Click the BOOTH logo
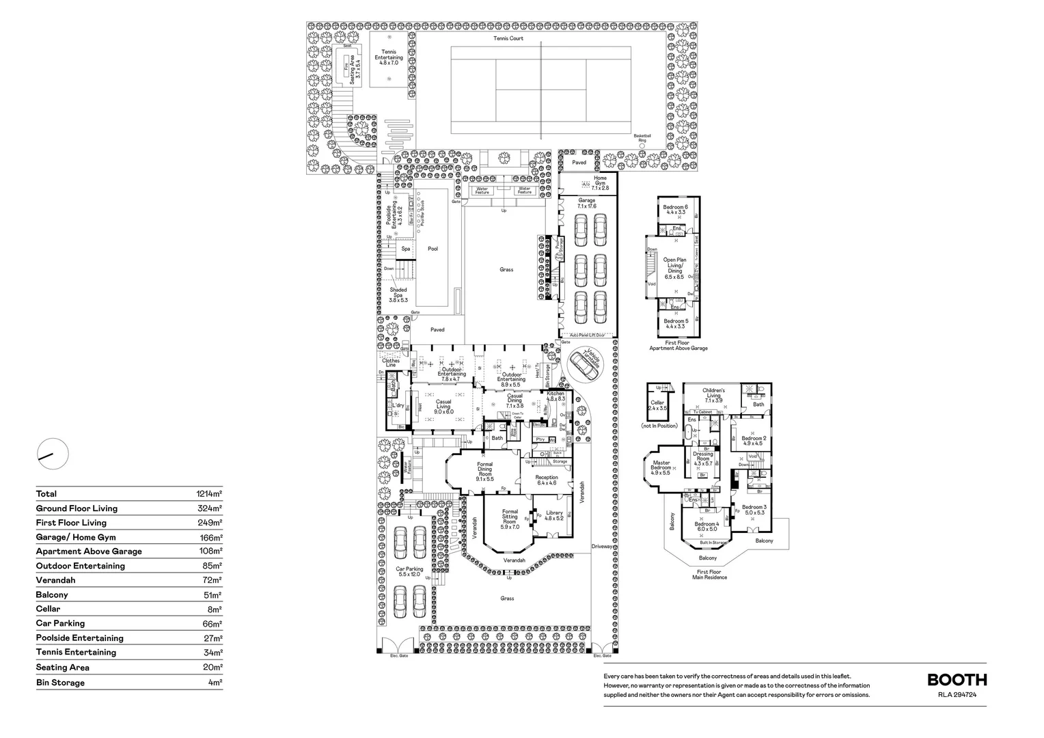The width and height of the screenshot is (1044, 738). (957, 680)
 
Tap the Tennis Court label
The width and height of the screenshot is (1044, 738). (508, 38)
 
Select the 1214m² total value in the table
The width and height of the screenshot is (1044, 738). (209, 494)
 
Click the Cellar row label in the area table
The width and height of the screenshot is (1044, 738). (49, 609)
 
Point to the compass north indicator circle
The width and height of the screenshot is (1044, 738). (53, 454)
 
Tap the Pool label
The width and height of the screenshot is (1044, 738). (432, 249)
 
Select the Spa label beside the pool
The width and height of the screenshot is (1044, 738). (406, 249)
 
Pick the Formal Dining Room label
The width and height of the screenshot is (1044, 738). (484, 471)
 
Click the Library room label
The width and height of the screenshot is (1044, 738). (554, 515)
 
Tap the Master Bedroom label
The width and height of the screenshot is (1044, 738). (660, 467)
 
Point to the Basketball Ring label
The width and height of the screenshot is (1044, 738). (642, 137)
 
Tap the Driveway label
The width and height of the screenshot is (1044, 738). (603, 547)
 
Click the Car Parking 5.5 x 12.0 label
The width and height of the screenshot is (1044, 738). (409, 571)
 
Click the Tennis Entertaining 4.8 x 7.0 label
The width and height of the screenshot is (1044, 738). (388, 57)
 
